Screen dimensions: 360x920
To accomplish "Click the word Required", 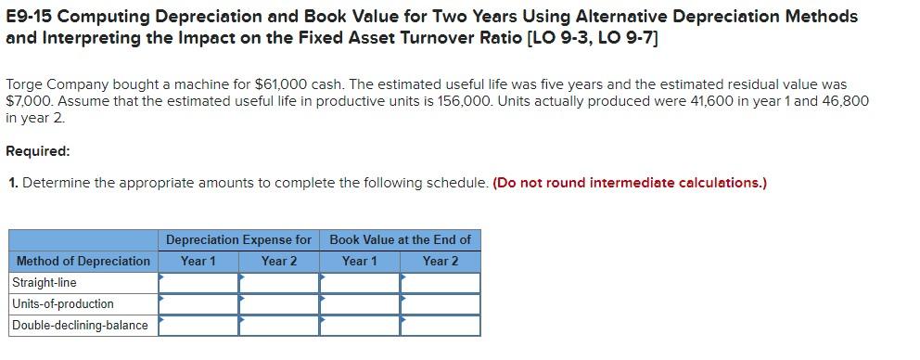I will [x=38, y=150].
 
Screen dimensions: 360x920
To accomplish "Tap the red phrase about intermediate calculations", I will [x=631, y=182].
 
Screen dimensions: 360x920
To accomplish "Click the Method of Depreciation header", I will [x=83, y=261].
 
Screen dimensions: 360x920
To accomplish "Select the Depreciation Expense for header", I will [x=238, y=239].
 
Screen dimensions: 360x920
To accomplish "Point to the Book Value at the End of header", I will [x=400, y=239].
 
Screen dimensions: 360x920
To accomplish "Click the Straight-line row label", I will [x=45, y=282].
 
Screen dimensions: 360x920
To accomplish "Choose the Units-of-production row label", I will [x=63, y=303].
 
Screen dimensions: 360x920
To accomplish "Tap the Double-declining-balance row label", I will [x=80, y=325].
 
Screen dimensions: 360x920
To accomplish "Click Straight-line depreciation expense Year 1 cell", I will [x=198, y=282].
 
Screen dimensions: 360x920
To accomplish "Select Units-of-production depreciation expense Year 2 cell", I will [x=279, y=303].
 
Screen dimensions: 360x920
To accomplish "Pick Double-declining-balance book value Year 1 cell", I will [x=360, y=325].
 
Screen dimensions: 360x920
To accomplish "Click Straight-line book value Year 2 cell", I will [x=441, y=282].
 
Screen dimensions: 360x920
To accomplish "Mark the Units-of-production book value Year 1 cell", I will [x=360, y=303].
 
